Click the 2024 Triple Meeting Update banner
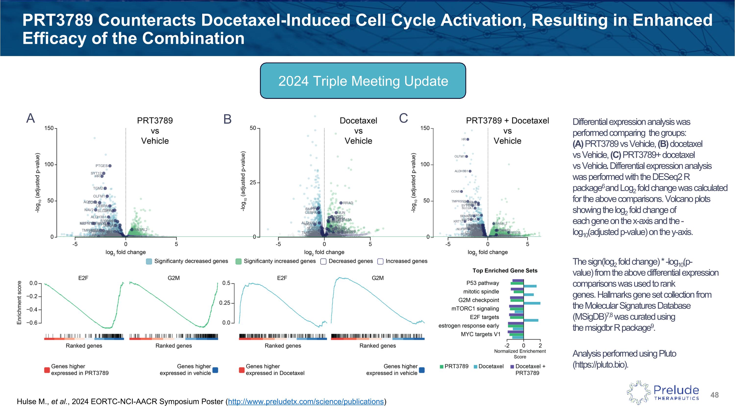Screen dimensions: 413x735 pos(363,81)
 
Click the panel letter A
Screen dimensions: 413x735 pos(31,118)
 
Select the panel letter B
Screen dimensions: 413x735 pos(227,119)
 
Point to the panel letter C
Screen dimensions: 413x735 pos(404,118)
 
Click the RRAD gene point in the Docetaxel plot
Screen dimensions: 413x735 pos(341,203)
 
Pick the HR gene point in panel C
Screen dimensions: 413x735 pos(468,139)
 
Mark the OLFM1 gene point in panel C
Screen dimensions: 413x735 pos(466,156)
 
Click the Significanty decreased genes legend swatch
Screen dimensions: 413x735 pos(149,261)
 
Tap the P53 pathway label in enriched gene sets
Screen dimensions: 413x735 pos(482,283)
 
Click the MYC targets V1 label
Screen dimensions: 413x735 pos(480,334)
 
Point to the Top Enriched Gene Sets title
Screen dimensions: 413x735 pos(505,271)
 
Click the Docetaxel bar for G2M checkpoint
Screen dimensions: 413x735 pos(532,303)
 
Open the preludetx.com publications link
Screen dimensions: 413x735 pos(306,401)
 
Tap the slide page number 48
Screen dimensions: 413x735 pos(714,395)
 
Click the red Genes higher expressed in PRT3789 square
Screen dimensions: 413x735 pos(47,370)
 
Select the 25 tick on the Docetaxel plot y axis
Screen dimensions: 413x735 pos(253,182)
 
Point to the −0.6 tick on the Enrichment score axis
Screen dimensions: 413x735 pos(33,323)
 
